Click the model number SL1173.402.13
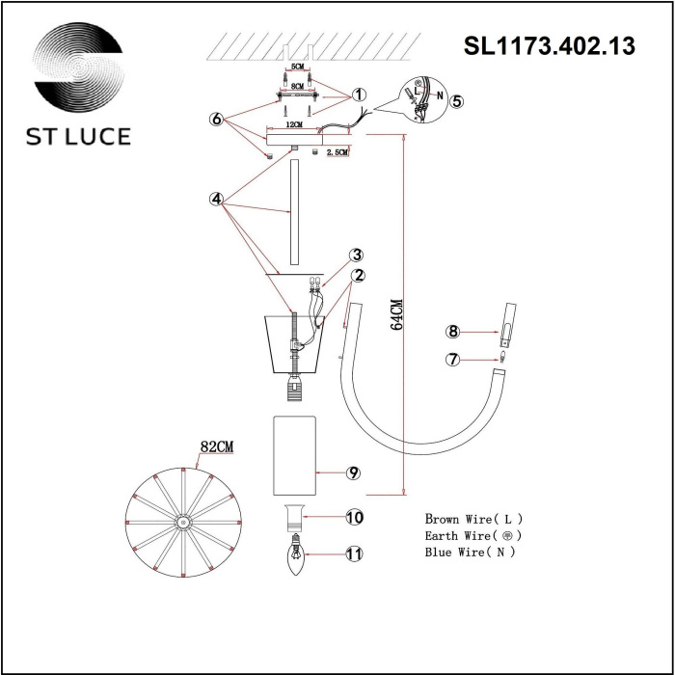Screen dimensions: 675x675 [x=550, y=46]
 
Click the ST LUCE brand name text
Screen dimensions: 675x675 [x=78, y=136]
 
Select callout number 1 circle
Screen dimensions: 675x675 [x=358, y=95]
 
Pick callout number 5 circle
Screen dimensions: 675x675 [x=456, y=100]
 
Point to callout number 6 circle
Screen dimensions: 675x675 [x=218, y=120]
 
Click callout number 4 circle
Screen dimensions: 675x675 [x=217, y=200]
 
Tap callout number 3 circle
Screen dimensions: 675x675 [x=357, y=256]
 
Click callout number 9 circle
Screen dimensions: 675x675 [x=353, y=473]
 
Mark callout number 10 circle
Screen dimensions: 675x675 [x=355, y=518]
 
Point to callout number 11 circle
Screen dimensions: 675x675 [x=355, y=553]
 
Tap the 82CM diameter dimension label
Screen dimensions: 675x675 [x=218, y=447]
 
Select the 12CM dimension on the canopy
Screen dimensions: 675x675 [x=293, y=125]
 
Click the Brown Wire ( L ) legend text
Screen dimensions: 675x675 [x=473, y=518]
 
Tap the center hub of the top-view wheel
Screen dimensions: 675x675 [x=182, y=521]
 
